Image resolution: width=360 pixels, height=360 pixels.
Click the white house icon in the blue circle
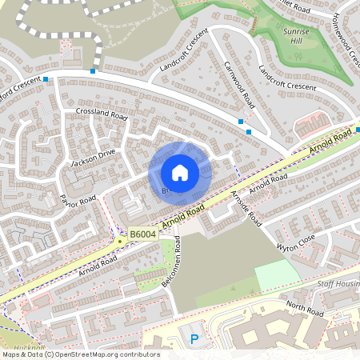(x=180, y=173)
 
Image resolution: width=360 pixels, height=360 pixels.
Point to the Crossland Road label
(x=102, y=114)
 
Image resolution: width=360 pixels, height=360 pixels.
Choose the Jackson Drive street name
(x=94, y=157)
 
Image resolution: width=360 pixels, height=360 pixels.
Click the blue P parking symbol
(x=194, y=340)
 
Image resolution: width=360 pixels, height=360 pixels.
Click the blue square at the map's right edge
(x=358, y=129)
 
